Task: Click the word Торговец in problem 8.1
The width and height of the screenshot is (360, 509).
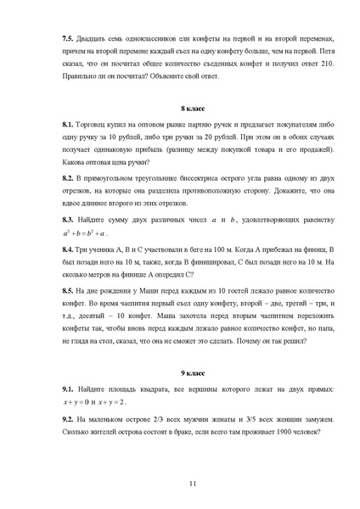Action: pos(95,125)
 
